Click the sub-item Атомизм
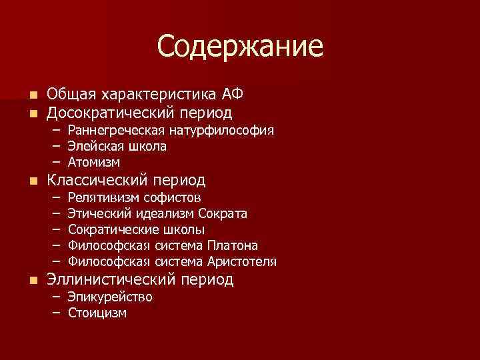click(x=94, y=162)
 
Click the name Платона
click(x=233, y=246)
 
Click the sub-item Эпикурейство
click(x=110, y=297)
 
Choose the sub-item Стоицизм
click(x=97, y=313)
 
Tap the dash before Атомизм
click(x=56, y=162)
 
